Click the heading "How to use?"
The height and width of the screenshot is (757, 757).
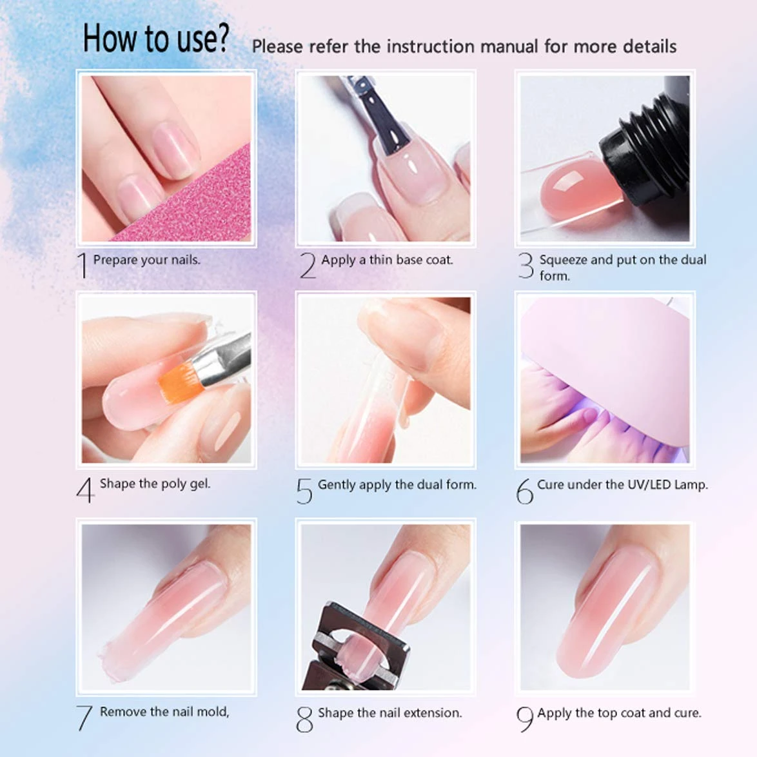point(155,39)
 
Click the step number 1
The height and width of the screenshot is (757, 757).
point(82,265)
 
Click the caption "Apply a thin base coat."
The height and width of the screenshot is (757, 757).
point(387,260)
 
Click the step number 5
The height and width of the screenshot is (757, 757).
point(304,491)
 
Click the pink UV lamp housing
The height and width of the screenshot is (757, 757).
point(606,348)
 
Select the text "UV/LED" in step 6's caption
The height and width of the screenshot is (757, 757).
point(649,485)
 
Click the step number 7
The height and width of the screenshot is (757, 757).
point(84,718)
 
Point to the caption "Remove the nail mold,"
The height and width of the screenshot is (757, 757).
point(164,712)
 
